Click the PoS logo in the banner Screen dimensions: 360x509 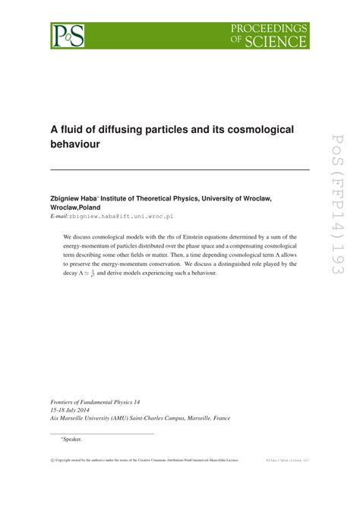click(67, 35)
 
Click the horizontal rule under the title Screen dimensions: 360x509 click(179, 169)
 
